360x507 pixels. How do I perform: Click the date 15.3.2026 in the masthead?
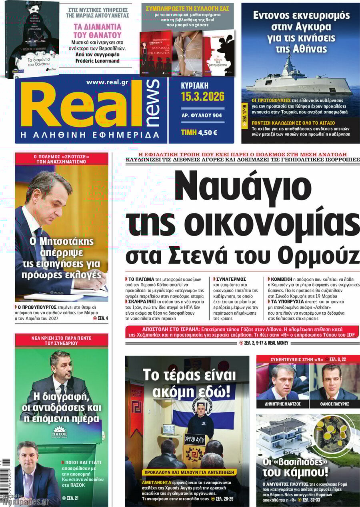[202, 96]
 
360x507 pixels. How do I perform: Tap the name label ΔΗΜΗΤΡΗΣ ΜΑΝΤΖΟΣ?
[282, 404]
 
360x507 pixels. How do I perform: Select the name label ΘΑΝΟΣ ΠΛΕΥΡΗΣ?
[334, 404]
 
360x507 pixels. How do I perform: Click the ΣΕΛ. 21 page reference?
[70, 498]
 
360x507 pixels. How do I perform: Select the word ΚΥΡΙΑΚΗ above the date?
[195, 86]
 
